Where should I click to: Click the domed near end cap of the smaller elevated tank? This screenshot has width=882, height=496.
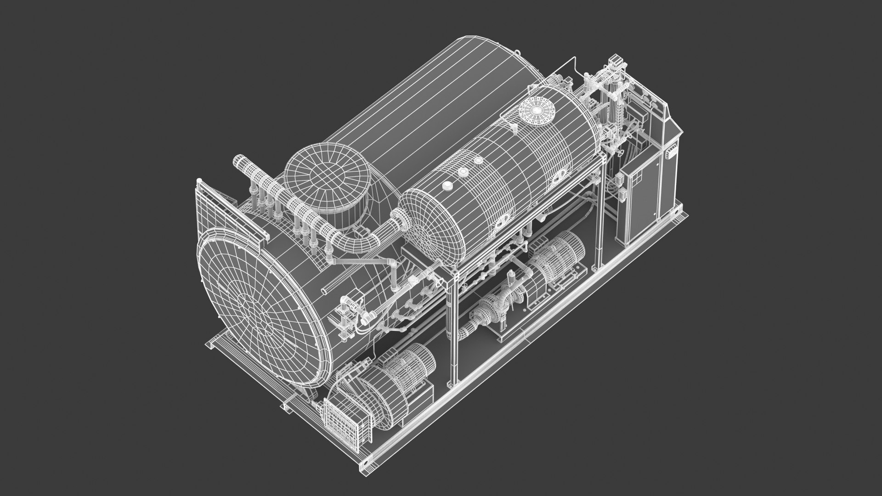(430, 225)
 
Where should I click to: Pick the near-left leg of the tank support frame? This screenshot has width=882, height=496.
(452, 321)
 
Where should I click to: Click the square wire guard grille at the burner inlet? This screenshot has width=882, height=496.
(342, 420)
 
